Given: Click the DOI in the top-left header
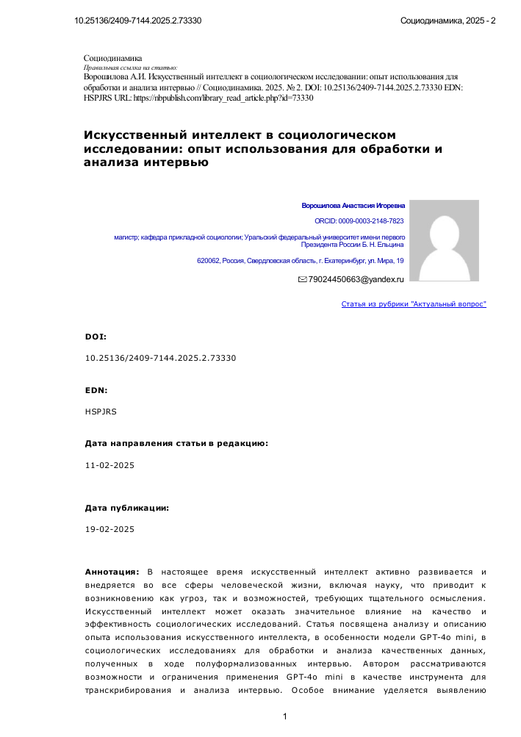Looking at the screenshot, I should point(138,20).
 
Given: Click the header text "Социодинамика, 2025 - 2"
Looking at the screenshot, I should point(448,20).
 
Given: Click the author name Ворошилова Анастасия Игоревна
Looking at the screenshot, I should point(353,206).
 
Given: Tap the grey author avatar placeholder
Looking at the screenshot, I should point(443,240).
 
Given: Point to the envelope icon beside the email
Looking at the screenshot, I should point(302,280).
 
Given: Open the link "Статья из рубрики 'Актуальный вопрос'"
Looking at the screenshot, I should point(414,303).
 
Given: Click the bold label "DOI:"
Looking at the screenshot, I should point(96,337).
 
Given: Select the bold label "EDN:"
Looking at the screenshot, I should point(96,390).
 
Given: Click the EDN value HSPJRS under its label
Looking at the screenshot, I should point(101,411).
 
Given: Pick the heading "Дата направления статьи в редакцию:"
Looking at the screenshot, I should point(176,444).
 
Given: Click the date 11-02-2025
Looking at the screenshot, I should point(109,465).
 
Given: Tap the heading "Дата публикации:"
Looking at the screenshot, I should point(127,508).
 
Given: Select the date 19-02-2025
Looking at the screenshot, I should point(109,529).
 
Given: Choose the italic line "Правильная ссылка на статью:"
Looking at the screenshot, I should point(126,67).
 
